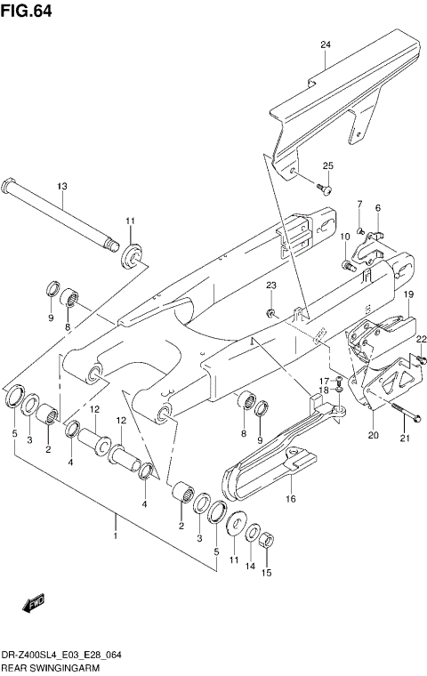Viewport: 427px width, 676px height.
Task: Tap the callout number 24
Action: (x=325, y=44)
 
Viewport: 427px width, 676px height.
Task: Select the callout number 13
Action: (x=62, y=186)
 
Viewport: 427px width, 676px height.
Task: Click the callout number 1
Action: (x=114, y=535)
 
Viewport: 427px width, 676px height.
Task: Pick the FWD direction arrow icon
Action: (x=33, y=605)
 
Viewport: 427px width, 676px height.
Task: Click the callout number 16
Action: (x=290, y=501)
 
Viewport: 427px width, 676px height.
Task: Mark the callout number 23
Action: (x=271, y=285)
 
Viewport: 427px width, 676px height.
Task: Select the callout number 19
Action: (x=408, y=294)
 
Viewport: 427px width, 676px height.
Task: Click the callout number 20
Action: (x=374, y=435)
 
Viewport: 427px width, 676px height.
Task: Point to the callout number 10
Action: (x=343, y=236)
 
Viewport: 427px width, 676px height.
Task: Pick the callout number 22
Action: (x=422, y=338)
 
